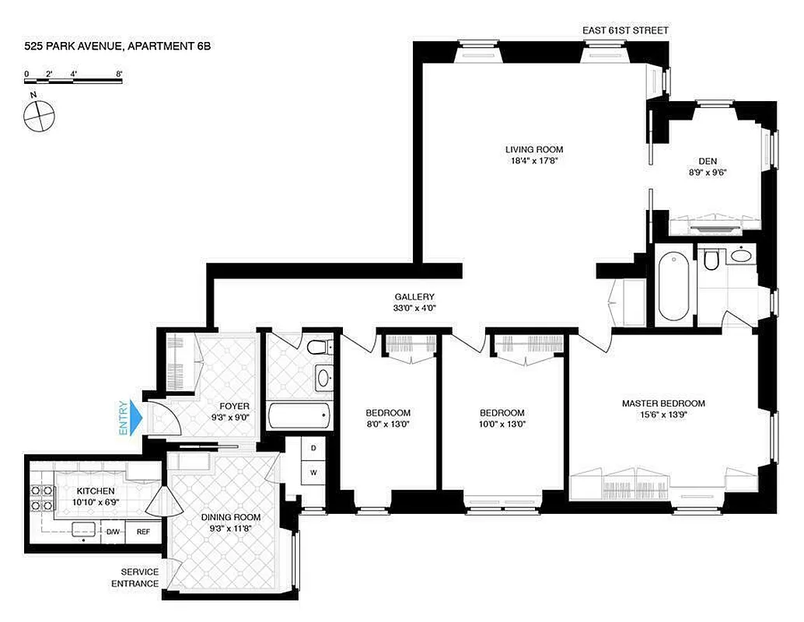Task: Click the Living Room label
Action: [533, 149]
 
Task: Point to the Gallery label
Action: [414, 296]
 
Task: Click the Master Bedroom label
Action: [663, 404]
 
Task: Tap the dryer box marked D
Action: [313, 449]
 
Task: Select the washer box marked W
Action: [313, 472]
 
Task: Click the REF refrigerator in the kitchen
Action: [143, 532]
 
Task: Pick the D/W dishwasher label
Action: [114, 532]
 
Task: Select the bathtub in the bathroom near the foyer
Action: [298, 416]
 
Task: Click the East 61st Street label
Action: [625, 30]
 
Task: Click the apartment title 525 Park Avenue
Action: [117, 47]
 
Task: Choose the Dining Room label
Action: [230, 517]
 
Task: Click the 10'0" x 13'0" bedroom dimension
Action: [502, 424]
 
